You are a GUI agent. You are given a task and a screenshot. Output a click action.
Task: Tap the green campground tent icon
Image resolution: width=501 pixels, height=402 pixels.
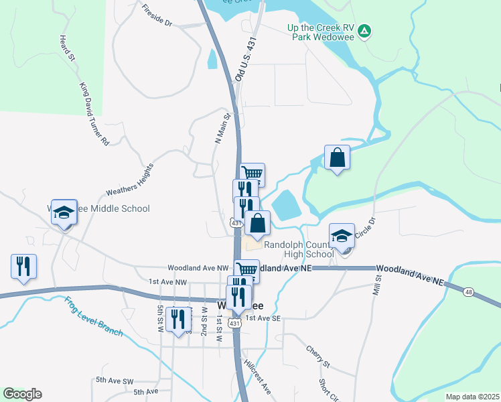click(x=364, y=31)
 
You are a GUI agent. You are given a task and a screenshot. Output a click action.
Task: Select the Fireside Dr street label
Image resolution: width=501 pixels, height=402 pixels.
click(x=157, y=16)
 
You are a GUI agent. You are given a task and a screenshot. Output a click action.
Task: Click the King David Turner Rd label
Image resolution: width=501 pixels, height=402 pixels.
click(x=94, y=113)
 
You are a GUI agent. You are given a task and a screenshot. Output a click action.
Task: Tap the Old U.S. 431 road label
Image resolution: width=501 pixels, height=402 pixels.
click(x=246, y=60)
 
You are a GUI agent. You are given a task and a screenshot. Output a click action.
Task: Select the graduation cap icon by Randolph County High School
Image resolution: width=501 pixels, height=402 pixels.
click(x=342, y=237)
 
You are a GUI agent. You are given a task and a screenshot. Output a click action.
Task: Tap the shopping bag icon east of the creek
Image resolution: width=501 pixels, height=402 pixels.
click(x=337, y=158)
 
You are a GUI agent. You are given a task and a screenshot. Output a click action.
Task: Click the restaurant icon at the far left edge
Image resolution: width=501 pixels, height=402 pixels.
click(x=23, y=266)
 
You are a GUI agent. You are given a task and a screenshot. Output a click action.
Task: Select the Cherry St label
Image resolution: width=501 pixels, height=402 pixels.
click(x=318, y=356)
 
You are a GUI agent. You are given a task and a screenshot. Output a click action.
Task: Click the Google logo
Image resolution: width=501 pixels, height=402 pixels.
click(x=22, y=394)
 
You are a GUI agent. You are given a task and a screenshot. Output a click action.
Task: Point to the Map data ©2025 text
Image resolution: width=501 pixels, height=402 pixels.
click(x=472, y=397)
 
